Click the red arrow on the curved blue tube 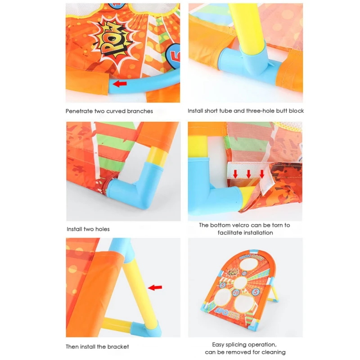pos(120,83)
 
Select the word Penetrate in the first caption pos(79,111)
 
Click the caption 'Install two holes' pos(88,229)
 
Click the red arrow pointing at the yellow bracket pos(155,287)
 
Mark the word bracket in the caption pos(119,346)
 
